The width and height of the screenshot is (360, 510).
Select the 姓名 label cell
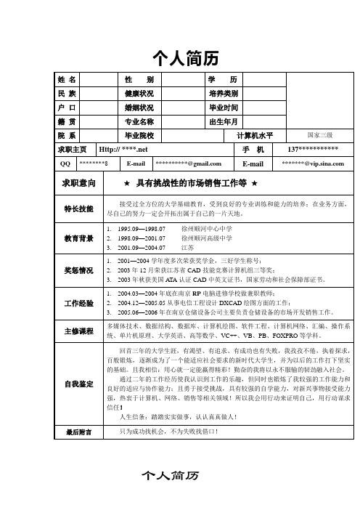tap(69, 78)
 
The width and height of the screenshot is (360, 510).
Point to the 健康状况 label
tap(139, 94)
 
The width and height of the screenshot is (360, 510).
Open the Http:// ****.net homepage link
tap(123, 149)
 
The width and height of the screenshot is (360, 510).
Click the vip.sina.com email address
tap(314, 163)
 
